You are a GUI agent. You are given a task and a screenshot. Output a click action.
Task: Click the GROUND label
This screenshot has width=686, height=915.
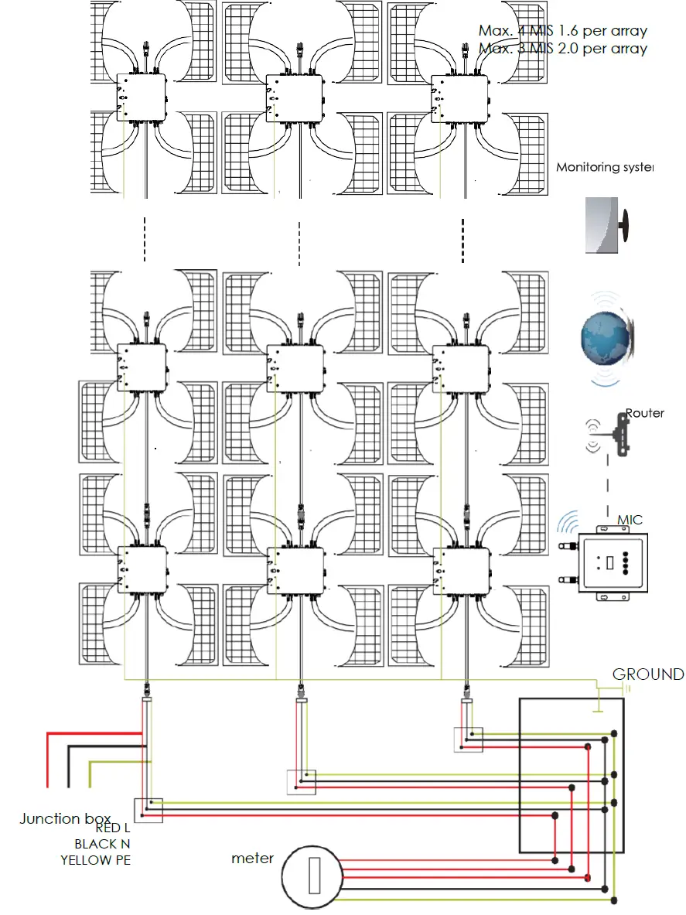coord(647,674)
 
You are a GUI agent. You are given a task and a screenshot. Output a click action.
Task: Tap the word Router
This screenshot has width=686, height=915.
coord(644,413)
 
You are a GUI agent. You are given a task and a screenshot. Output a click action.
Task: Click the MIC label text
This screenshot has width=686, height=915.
coord(630,520)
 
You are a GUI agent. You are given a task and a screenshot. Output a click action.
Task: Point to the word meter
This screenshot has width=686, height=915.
coord(252,859)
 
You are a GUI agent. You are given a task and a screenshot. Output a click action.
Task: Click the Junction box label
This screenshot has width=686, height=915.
coord(65,818)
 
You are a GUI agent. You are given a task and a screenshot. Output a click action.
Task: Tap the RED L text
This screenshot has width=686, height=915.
coord(113,828)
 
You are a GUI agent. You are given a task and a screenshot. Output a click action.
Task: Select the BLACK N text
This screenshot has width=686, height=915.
coord(102,844)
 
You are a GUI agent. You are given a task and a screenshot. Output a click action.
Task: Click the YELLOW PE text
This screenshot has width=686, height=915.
coord(95,860)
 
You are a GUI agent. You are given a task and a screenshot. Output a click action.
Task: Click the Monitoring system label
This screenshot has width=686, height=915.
coord(605,167)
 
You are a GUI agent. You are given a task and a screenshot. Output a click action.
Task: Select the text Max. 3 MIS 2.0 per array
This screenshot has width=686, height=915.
coord(562,48)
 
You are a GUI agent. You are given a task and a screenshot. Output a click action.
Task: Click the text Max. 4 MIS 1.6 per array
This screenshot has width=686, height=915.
coord(562,31)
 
